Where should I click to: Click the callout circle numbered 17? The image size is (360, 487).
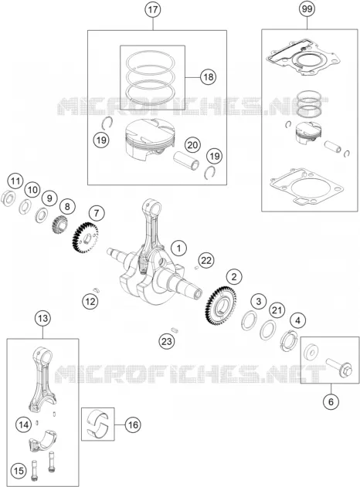[153, 9]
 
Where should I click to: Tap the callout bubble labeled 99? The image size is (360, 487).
[307, 9]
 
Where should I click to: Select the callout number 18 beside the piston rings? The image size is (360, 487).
[208, 76]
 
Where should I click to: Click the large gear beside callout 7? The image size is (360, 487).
[85, 238]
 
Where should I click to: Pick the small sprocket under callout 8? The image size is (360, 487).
[60, 226]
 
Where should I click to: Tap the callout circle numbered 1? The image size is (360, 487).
[178, 249]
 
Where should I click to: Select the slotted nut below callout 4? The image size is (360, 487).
[288, 341]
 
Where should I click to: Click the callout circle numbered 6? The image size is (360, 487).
[331, 401]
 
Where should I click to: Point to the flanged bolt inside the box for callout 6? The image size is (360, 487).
[339, 367]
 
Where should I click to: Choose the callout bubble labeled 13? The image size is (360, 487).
[42, 318]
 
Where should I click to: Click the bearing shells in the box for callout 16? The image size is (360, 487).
[98, 424]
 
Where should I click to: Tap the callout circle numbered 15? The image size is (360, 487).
[19, 471]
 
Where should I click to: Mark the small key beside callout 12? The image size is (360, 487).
[97, 289]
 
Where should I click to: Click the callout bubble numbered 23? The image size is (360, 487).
[167, 341]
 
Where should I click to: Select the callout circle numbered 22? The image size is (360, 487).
[206, 260]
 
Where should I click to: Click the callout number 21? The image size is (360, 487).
[277, 310]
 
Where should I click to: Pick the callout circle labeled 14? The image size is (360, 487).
[24, 424]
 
